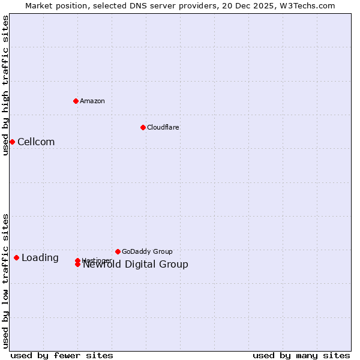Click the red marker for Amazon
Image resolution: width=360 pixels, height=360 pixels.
[x=76, y=101]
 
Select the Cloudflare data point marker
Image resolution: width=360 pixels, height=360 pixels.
[x=143, y=127]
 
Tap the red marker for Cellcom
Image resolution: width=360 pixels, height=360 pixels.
[x=12, y=142]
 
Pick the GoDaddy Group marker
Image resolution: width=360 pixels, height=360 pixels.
[x=118, y=251]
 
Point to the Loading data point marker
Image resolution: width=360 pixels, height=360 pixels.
[x=16, y=257]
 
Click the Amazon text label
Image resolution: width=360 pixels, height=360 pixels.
[x=92, y=101]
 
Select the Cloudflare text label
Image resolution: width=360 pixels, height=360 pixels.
[x=163, y=127]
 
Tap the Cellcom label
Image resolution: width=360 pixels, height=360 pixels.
[x=36, y=142]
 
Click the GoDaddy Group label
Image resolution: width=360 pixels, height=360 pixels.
[x=147, y=251]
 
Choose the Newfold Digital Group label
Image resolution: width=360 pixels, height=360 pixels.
[x=136, y=265]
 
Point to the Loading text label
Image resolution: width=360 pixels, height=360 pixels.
[x=40, y=258]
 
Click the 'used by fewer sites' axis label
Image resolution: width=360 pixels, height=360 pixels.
[x=62, y=355]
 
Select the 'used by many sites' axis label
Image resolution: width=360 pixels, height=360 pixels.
[x=301, y=355]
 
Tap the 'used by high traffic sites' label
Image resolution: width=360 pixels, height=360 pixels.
[x=5, y=85]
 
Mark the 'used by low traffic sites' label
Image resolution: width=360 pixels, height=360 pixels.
[x=5, y=281]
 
